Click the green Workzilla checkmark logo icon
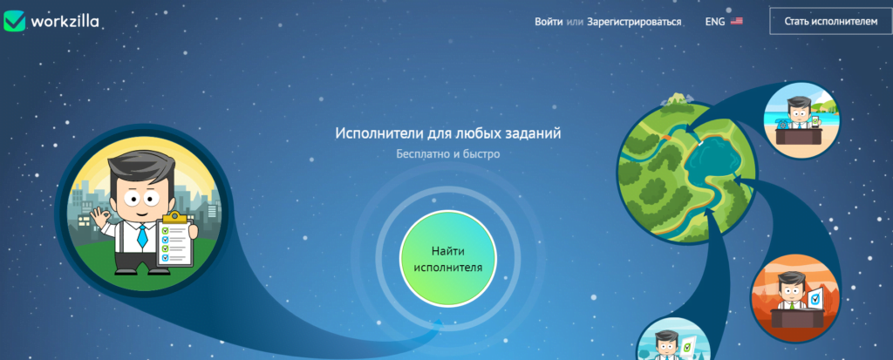pos(14,21)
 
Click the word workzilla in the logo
pos(65,22)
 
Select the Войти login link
pos(549,22)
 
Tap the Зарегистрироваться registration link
pos(634,22)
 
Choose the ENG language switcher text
pos(715,22)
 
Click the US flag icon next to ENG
pos(736,22)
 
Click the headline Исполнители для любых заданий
pos(448,134)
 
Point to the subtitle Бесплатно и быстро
pos(448,153)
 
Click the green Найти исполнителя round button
pos(448,259)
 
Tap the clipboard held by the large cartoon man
pos(177,240)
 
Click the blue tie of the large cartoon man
pos(142,236)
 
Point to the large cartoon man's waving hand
pos(103,220)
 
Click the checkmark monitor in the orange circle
pos(815,297)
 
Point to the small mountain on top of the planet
pos(676,99)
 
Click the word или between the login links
pos(575,22)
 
